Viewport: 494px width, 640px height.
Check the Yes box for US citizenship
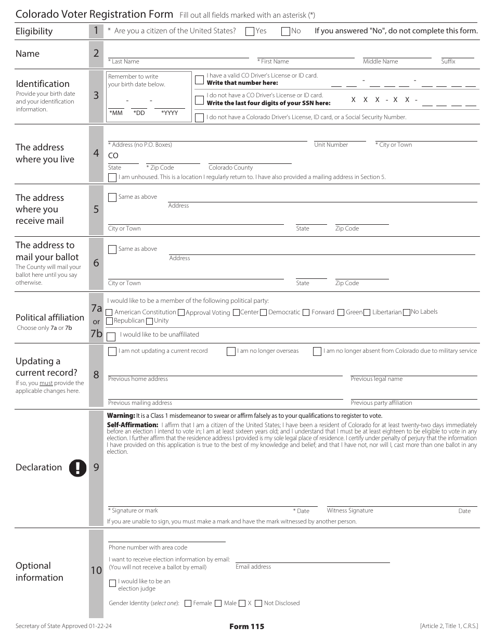point(250,31)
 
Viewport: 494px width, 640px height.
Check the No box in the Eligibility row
point(285,31)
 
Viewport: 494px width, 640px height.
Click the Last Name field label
point(124,61)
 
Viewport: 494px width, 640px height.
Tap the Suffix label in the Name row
point(448,61)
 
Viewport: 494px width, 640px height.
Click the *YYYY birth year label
point(170,113)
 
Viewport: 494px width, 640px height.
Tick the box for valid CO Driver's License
point(199,80)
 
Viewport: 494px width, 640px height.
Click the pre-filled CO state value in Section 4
point(113,156)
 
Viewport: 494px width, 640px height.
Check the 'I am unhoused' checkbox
point(112,177)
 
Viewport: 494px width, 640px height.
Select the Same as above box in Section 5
point(112,197)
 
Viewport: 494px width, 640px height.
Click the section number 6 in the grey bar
point(96,263)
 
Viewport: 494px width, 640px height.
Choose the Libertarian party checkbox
point(367,312)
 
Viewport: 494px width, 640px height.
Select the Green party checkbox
point(341,312)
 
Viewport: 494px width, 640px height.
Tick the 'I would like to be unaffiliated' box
point(112,336)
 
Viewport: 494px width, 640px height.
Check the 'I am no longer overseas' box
point(231,352)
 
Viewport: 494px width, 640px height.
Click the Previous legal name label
point(376,379)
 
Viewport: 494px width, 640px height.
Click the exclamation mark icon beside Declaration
point(77,468)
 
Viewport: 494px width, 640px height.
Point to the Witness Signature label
point(350,510)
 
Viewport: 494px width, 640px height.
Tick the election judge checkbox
point(112,583)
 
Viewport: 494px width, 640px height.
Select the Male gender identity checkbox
point(218,603)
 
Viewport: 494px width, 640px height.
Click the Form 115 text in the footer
point(246,626)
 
